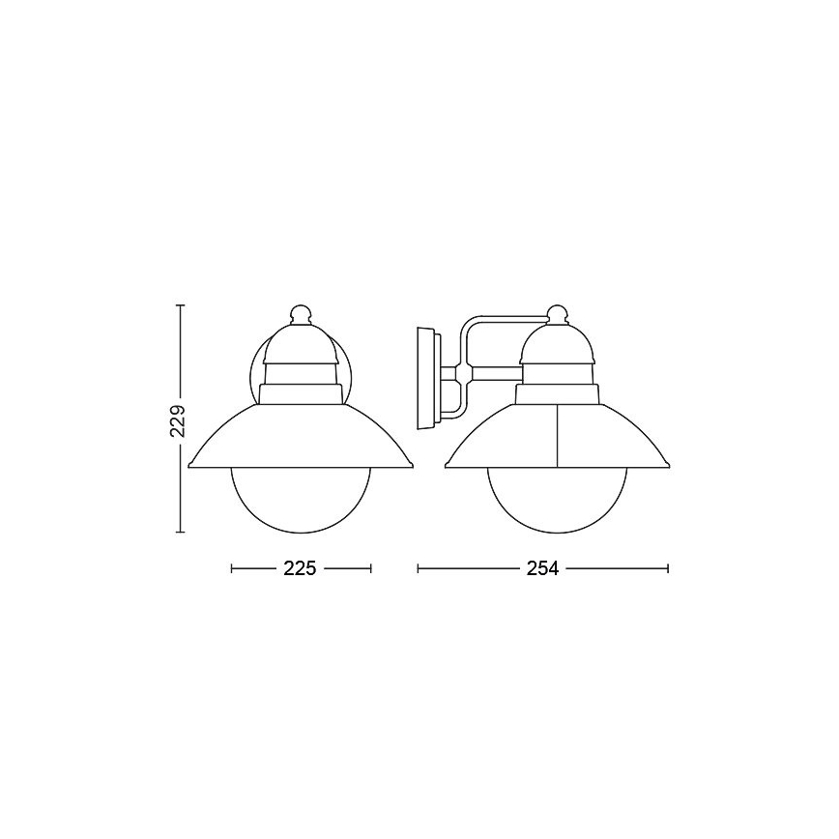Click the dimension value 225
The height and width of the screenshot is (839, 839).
coord(301,569)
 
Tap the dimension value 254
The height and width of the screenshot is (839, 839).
coord(542,569)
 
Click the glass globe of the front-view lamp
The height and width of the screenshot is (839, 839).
coord(301,498)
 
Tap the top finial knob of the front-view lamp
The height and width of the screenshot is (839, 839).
coord(301,313)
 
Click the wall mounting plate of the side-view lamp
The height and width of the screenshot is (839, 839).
coord(425,378)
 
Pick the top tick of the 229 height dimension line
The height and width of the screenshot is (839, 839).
coord(179,304)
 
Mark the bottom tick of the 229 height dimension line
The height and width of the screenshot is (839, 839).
coord(179,532)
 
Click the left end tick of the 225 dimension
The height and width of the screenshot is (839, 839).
coord(232,569)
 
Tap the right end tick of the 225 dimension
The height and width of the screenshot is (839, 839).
coord(371,569)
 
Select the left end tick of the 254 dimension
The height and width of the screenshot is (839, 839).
coord(418,569)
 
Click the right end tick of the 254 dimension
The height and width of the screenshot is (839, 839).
coord(668,569)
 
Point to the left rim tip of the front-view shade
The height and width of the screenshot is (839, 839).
coord(188,466)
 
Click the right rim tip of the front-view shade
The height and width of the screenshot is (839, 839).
coord(413,466)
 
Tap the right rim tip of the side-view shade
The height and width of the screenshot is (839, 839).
coord(669,466)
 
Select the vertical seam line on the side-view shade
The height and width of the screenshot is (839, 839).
coord(558,435)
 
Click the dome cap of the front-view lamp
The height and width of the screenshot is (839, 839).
coord(301,343)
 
